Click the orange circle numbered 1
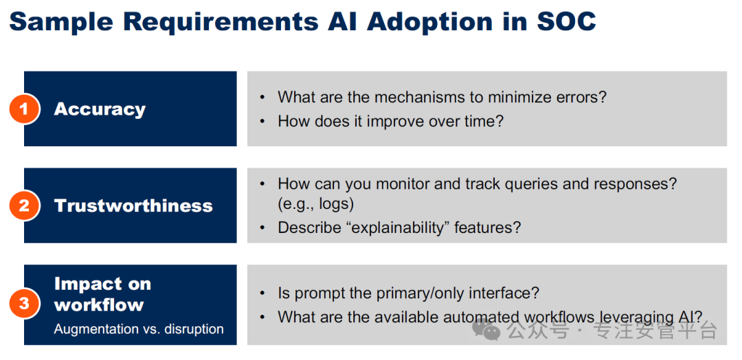point(23,109)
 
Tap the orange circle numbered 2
point(23,206)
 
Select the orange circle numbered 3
point(23,303)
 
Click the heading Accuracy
point(100,110)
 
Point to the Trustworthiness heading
point(133,206)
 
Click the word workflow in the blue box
point(99,304)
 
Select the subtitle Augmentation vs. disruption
point(139,329)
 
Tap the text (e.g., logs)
point(315,205)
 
